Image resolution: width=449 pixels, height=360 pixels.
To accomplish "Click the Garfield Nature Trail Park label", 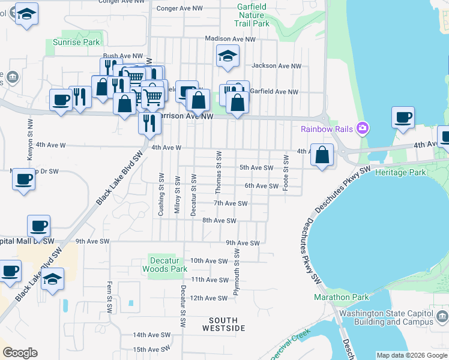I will pyautogui.click(x=253, y=16).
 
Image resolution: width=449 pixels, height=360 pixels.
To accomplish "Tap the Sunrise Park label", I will pyautogui.click(x=76, y=43).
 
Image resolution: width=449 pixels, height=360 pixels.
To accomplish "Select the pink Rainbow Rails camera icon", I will pyautogui.click(x=362, y=127).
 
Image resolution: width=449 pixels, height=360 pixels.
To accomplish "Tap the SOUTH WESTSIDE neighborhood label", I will pyautogui.click(x=223, y=324).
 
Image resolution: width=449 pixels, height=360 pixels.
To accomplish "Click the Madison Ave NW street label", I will pyautogui.click(x=230, y=39).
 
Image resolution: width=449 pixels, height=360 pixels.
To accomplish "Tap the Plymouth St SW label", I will pyautogui.click(x=237, y=277).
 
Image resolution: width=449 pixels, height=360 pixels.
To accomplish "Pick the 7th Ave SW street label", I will pyautogui.click(x=231, y=203).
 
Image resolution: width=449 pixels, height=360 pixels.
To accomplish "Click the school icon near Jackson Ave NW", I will pyautogui.click(x=228, y=56).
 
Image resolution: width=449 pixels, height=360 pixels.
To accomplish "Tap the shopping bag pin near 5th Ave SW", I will pyautogui.click(x=322, y=155).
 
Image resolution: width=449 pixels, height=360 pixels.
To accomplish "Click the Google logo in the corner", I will pyautogui.click(x=20, y=353).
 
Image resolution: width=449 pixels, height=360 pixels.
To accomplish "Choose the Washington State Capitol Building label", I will pyautogui.click(x=385, y=317).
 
